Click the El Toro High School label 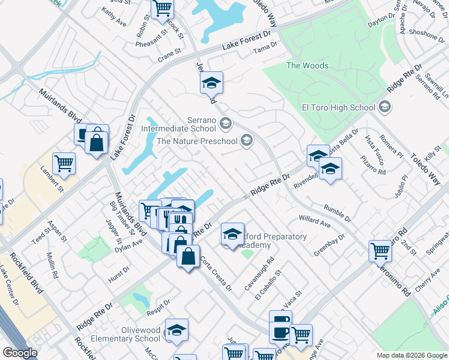point(338,108)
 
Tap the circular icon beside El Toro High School point(385,108)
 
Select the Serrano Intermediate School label point(178,124)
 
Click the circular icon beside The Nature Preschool point(246,141)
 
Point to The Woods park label point(307,65)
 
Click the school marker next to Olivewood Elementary point(177,331)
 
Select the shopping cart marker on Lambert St point(64,163)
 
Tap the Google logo point(20,353)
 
